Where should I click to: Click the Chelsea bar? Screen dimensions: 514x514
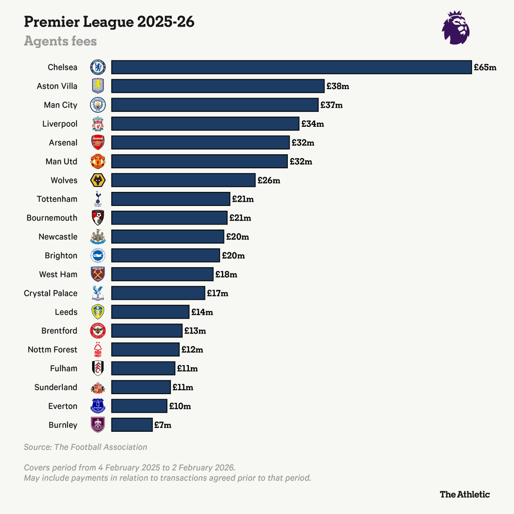[x=291, y=67]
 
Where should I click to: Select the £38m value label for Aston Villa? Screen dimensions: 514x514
[x=338, y=86]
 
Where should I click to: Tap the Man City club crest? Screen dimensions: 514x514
[x=98, y=105]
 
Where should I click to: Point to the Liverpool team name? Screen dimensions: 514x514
[x=60, y=124]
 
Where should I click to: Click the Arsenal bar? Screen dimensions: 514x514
[x=200, y=143]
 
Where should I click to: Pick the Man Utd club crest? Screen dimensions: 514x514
[x=98, y=161]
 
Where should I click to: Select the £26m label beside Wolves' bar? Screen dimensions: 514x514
[x=269, y=180]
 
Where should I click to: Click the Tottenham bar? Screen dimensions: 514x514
[x=170, y=199]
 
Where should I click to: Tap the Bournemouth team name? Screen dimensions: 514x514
[x=52, y=218]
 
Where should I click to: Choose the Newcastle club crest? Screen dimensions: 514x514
[x=98, y=237]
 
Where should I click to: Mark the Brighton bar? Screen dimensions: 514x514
[x=165, y=256]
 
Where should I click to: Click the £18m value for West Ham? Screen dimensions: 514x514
[x=226, y=275]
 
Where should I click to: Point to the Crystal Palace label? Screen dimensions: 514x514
[x=51, y=293]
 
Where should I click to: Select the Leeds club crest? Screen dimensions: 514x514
[x=98, y=312]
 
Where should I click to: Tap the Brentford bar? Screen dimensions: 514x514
[x=147, y=331]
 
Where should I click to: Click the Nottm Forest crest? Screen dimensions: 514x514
[x=98, y=350]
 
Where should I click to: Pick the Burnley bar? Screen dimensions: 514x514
[x=132, y=425]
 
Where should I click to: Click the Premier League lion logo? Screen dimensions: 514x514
[x=456, y=28]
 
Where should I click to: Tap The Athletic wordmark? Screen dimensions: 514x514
[x=464, y=494]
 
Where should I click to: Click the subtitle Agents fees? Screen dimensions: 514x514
[x=60, y=41]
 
